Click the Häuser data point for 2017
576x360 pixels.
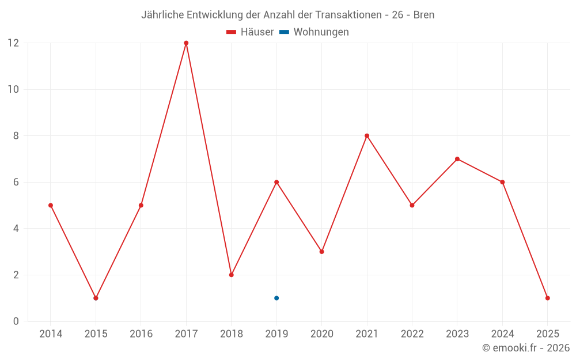click(186, 43)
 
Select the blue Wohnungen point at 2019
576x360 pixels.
click(276, 298)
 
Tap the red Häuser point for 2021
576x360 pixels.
click(367, 136)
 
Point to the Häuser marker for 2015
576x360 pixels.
click(96, 298)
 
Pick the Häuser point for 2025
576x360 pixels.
click(547, 298)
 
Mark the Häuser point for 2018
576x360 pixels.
click(232, 275)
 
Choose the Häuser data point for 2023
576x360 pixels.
click(457, 159)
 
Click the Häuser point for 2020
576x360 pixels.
click(322, 252)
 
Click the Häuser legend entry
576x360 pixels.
click(250, 32)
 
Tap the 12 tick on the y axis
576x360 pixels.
click(13, 43)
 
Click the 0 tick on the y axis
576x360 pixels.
click(16, 321)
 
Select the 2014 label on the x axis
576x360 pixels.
click(51, 334)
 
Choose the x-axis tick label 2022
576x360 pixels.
click(412, 334)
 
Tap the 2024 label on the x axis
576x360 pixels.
click(502, 334)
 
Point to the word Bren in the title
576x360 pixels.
click(424, 14)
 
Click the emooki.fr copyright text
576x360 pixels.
click(526, 348)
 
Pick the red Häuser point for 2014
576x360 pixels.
click(51, 205)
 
